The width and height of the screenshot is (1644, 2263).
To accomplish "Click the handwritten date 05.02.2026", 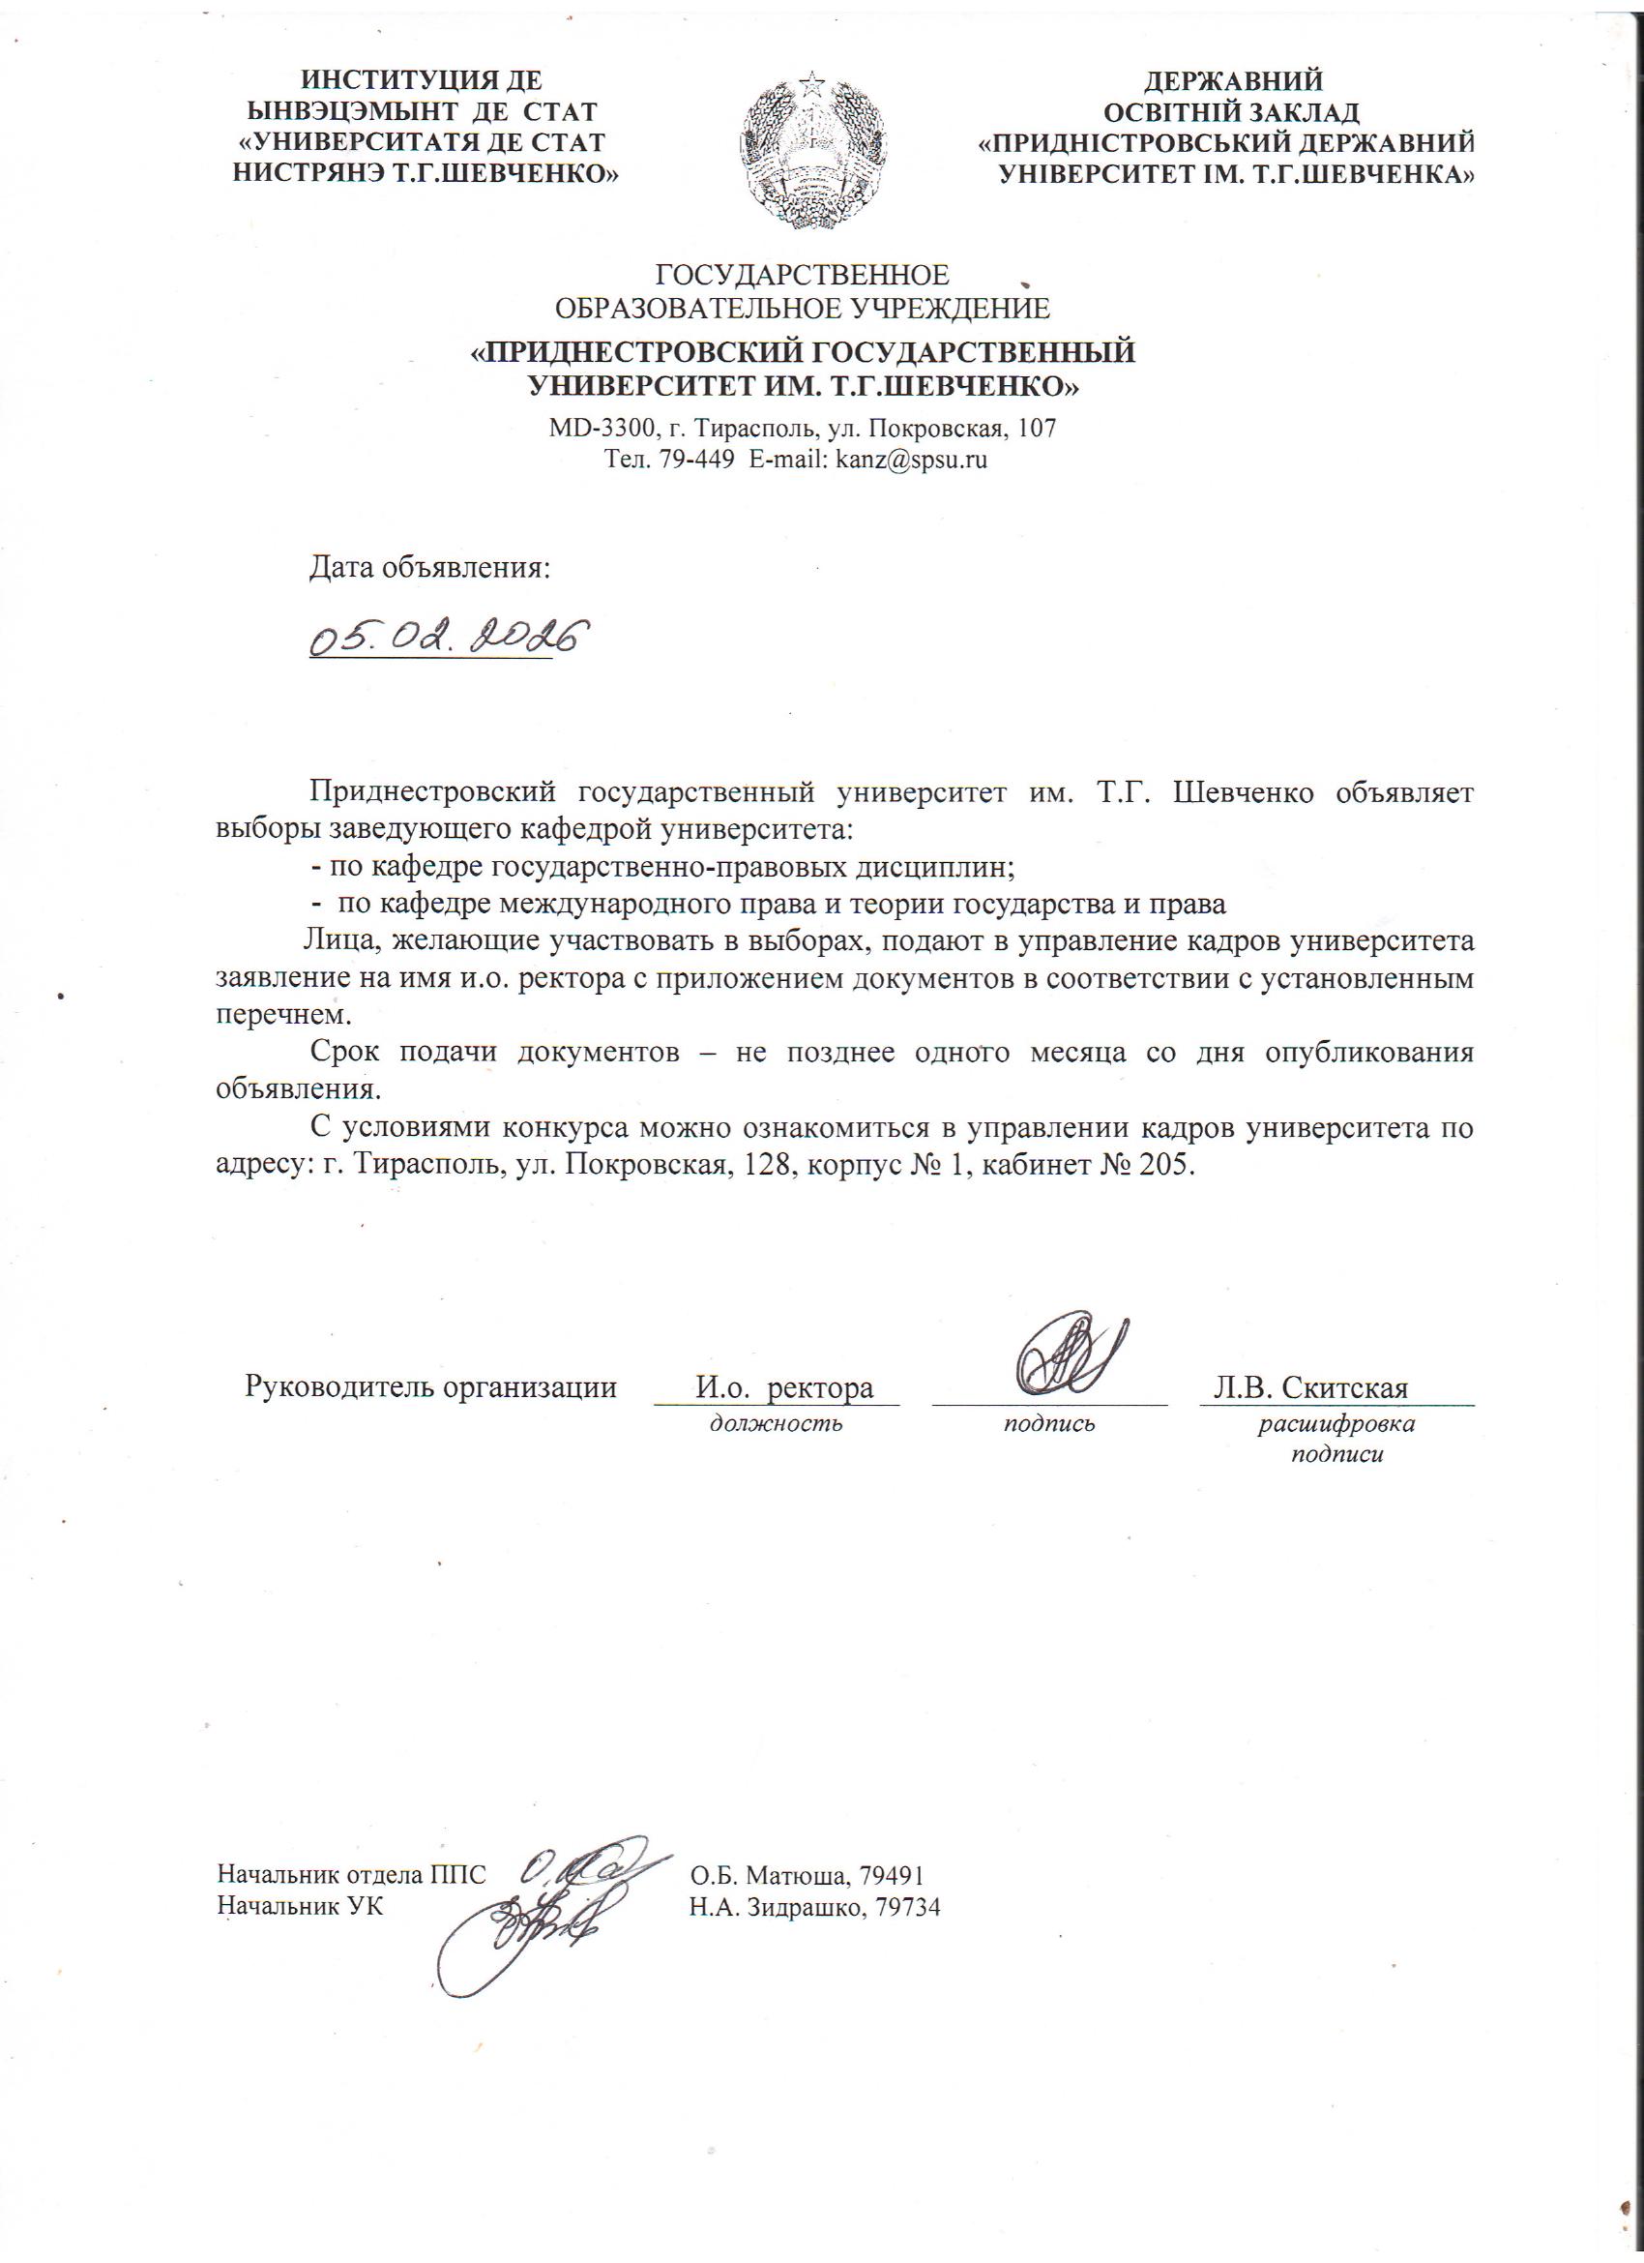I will tap(445, 636).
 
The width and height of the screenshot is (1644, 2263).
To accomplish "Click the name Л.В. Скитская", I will tap(1309, 1388).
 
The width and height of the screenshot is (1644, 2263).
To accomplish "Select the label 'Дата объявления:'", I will tap(430, 568).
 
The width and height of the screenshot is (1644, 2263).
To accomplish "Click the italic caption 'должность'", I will tap(777, 1424).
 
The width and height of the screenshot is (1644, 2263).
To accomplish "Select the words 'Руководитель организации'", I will tap(431, 1388).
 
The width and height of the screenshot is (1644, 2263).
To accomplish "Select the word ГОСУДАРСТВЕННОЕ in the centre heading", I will tap(801, 274).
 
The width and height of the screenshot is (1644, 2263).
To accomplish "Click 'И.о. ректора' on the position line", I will tap(784, 1388).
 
